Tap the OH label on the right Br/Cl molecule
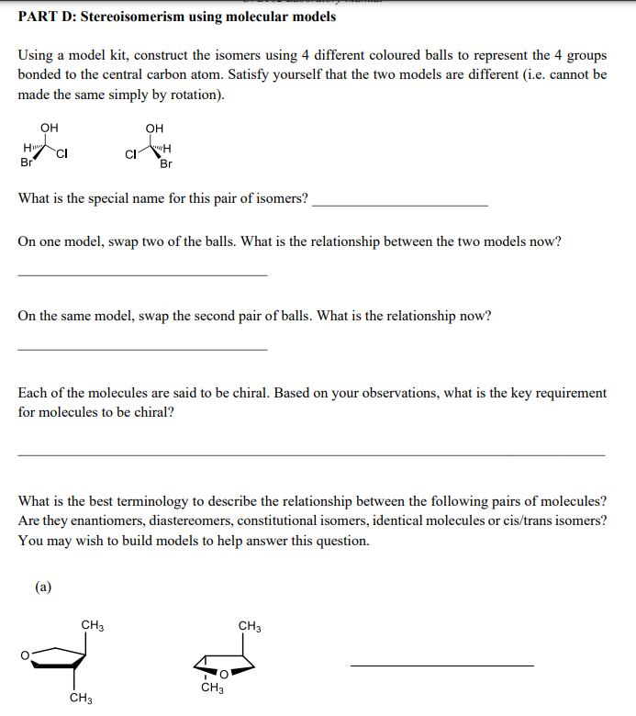point(155,128)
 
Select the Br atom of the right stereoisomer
point(166,165)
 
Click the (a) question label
point(44,586)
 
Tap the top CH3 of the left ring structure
point(92,626)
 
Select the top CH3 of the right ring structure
point(250,626)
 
